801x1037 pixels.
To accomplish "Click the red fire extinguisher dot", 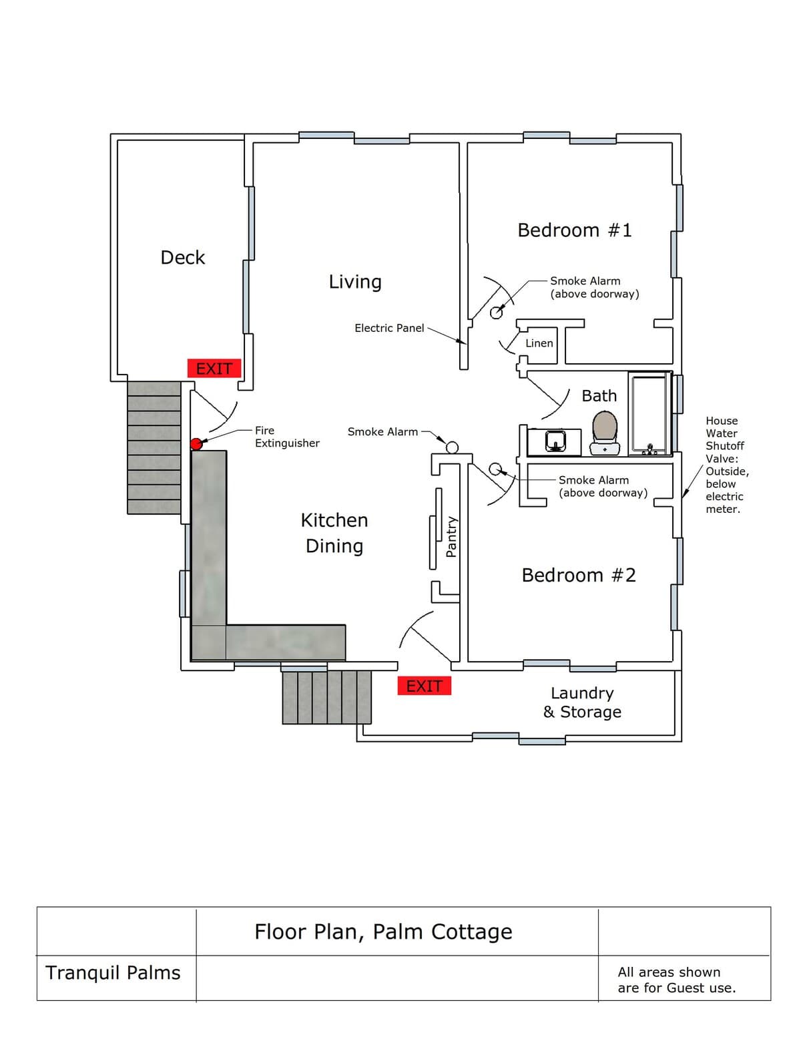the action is (x=196, y=444).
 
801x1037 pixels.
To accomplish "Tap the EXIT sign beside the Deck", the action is (x=214, y=369).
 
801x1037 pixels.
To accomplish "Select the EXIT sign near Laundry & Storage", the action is (x=424, y=686).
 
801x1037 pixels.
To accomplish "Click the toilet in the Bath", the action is (x=605, y=433).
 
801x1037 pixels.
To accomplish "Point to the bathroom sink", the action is (x=555, y=441).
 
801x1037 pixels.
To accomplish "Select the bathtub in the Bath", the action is (x=650, y=414).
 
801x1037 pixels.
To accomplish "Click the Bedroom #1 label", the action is (x=575, y=230).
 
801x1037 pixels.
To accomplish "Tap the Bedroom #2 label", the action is (x=579, y=575).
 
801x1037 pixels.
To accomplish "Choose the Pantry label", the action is (x=451, y=536).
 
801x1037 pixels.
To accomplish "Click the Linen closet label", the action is (x=539, y=343).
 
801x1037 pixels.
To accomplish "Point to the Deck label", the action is (x=183, y=258).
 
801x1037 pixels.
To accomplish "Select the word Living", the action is (x=355, y=282).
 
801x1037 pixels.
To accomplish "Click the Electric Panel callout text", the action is (x=389, y=328).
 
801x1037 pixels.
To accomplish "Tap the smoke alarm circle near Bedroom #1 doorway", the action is (x=496, y=313).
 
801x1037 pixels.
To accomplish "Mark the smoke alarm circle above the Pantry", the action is (x=452, y=447).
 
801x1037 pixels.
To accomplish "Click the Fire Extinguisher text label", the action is (x=287, y=437).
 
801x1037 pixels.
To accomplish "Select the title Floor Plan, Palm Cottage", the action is (x=384, y=931).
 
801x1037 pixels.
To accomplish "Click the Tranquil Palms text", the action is (x=113, y=973).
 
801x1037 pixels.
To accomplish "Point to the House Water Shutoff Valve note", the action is (x=727, y=465).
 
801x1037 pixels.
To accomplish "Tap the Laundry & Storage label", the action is (x=582, y=702).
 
